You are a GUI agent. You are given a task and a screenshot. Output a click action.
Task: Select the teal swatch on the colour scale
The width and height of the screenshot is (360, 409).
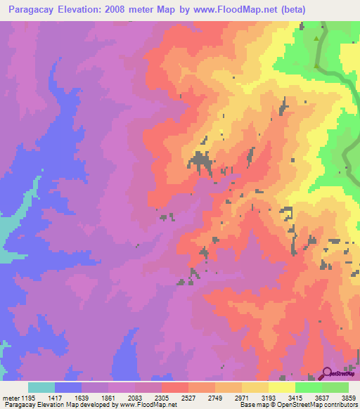41,387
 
